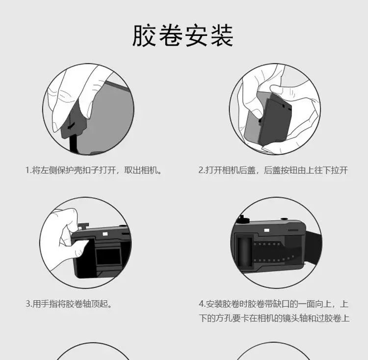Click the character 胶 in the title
144,35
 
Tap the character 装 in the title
222,35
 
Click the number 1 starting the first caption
27,170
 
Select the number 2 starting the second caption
201,170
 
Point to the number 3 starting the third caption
27,304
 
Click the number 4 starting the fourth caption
201,304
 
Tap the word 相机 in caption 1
149,170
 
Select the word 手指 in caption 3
49,304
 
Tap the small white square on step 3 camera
105,234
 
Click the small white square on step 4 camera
266,230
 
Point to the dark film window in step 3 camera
108,256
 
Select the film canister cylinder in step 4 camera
244,251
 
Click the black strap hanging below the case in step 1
73,144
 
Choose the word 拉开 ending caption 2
340,170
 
